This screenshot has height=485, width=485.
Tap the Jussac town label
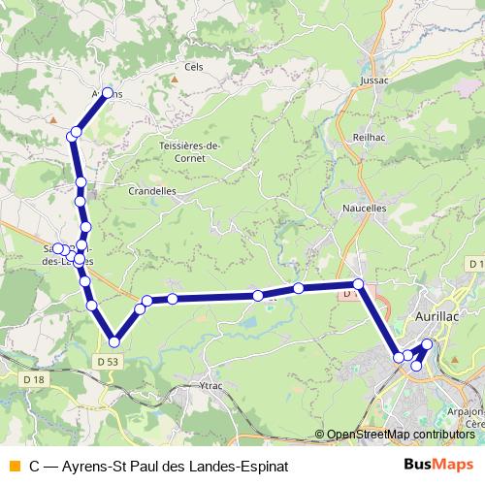click(374, 82)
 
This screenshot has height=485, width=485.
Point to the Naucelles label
click(365, 208)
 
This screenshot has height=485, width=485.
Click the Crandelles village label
click(152, 191)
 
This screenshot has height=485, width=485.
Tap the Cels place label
click(192, 68)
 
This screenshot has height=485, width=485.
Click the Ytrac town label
click(210, 385)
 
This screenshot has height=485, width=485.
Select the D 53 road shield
click(108, 362)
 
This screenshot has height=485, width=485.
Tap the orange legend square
click(14, 466)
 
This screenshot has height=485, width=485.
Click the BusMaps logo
click(441, 466)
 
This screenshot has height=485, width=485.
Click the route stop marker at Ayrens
click(109, 94)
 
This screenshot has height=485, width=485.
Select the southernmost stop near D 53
click(114, 341)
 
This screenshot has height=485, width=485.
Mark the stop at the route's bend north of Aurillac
click(358, 284)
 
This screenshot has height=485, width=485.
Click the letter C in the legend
click(35, 466)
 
